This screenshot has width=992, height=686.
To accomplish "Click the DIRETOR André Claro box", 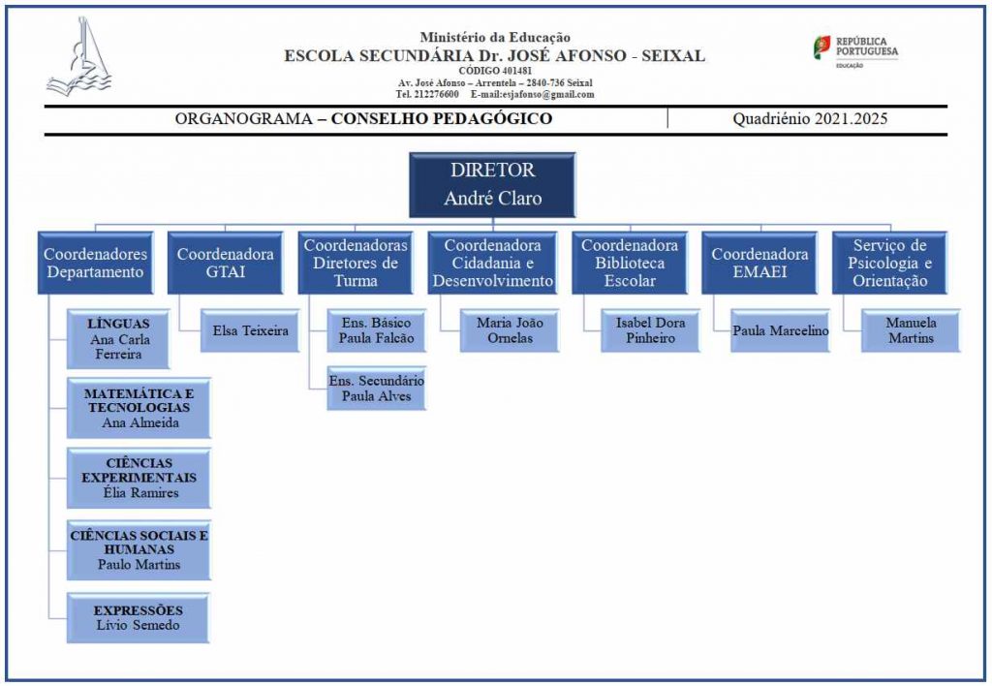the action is click(x=492, y=185).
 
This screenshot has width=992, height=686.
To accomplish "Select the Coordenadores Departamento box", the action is click(x=96, y=263).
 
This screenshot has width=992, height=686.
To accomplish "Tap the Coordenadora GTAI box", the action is click(x=225, y=263).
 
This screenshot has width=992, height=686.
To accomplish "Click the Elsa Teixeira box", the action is click(x=250, y=330).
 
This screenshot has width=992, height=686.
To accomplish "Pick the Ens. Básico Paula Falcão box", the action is click(x=377, y=330).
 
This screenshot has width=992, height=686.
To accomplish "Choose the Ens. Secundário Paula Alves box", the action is click(x=377, y=388).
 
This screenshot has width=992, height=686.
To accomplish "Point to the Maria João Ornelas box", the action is click(x=510, y=330).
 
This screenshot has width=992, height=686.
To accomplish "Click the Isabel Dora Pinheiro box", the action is click(x=650, y=330).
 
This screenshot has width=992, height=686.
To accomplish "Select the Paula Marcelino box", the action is click(x=780, y=330).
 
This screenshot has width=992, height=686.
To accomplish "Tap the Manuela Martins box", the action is click(x=911, y=330).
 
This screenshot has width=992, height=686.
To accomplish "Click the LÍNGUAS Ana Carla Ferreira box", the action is click(x=118, y=339).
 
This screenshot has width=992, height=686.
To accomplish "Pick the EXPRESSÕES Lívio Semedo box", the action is click(x=138, y=617).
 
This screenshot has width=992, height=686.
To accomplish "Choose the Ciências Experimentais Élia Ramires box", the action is click(x=139, y=478).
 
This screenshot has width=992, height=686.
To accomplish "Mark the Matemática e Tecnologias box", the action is click(x=139, y=408).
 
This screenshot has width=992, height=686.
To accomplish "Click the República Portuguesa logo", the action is click(x=855, y=50).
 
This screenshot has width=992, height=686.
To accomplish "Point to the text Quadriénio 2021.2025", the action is click(x=810, y=118).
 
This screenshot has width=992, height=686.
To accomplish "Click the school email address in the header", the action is click(x=532, y=94).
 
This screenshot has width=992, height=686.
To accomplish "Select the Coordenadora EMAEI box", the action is click(x=759, y=263).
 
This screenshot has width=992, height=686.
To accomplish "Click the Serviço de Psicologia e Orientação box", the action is click(x=889, y=263).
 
